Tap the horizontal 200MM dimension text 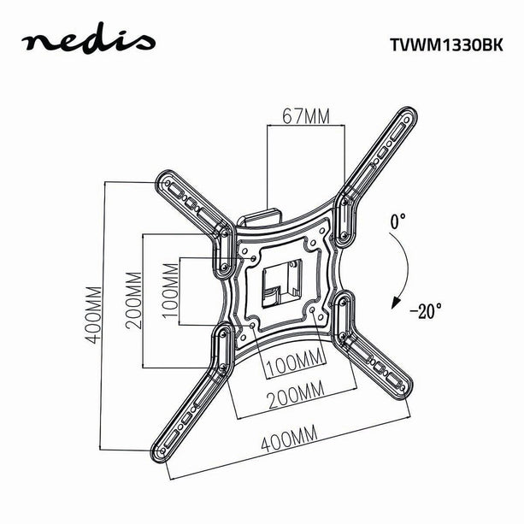pos(294,392)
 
